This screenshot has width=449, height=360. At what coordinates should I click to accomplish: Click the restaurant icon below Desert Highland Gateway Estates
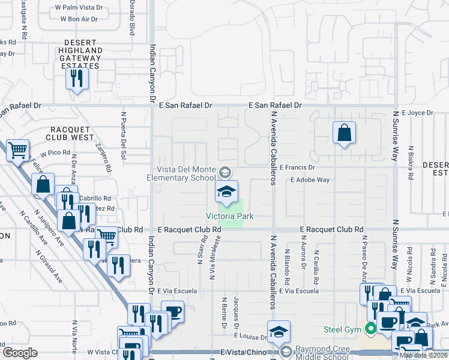[77, 79]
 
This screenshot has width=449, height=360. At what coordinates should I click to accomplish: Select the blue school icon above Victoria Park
[226, 192]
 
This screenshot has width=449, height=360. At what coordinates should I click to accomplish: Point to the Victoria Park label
[231, 216]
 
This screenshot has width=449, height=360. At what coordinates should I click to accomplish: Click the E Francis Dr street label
[297, 168]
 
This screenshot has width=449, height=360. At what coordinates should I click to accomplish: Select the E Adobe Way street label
[310, 179]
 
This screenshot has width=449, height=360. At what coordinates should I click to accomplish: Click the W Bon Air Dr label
[79, 19]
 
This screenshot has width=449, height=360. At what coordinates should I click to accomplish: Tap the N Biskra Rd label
[411, 163]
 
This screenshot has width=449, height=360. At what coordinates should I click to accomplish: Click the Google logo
[20, 352]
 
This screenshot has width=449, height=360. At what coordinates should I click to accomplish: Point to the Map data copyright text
[424, 355]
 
